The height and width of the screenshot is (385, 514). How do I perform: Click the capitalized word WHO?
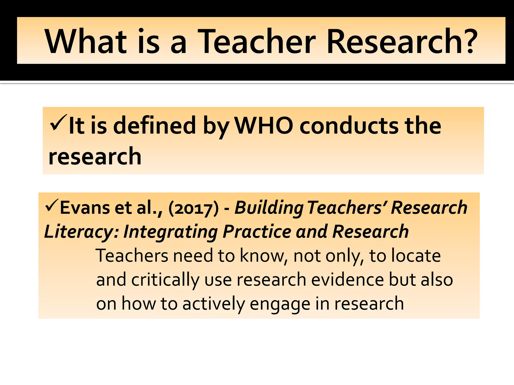tap(264, 125)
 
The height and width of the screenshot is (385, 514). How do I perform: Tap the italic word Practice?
tap(257, 231)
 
